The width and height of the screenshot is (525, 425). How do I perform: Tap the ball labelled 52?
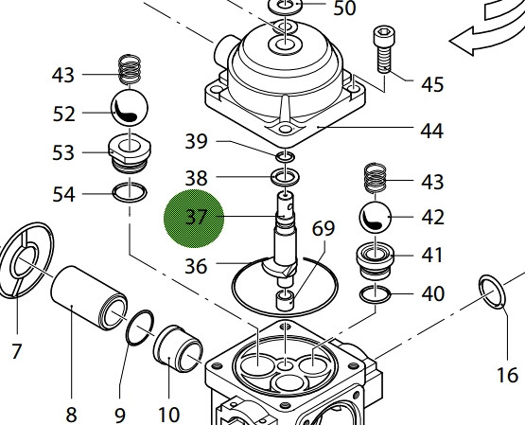pos(129,111)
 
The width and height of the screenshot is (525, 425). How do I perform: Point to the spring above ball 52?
pos(129,71)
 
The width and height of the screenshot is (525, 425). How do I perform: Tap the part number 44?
pos(431,131)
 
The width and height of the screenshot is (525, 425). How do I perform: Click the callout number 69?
pos(324,228)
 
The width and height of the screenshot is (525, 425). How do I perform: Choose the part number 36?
pos(195,266)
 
